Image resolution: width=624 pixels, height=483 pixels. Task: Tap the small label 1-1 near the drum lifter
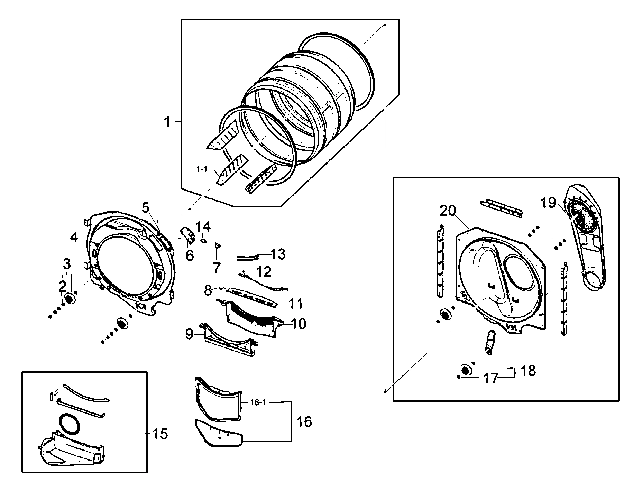pyautogui.click(x=202, y=169)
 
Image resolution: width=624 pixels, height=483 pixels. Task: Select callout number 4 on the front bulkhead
pyautogui.click(x=74, y=237)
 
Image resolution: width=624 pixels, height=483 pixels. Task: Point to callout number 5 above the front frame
pyautogui.click(x=145, y=208)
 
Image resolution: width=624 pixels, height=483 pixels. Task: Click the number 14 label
pyautogui.click(x=203, y=227)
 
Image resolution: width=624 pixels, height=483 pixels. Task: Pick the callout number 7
pyautogui.click(x=217, y=268)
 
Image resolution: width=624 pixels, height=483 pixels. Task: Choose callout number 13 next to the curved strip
pyautogui.click(x=278, y=254)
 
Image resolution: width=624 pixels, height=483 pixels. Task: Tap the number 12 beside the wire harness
pyautogui.click(x=264, y=272)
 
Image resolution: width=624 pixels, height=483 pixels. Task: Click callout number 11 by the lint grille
pyautogui.click(x=296, y=304)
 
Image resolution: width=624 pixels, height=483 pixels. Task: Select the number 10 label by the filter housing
pyautogui.click(x=299, y=324)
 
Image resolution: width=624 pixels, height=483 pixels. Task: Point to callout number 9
pyautogui.click(x=190, y=334)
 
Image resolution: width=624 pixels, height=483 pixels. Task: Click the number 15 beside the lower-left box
pyautogui.click(x=160, y=434)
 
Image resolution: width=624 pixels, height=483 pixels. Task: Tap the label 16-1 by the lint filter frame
pyautogui.click(x=258, y=403)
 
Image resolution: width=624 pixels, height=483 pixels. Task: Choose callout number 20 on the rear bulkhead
pyautogui.click(x=448, y=211)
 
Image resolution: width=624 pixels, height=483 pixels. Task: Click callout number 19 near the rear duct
pyautogui.click(x=548, y=203)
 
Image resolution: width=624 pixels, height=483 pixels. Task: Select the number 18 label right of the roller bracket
pyautogui.click(x=528, y=371)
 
